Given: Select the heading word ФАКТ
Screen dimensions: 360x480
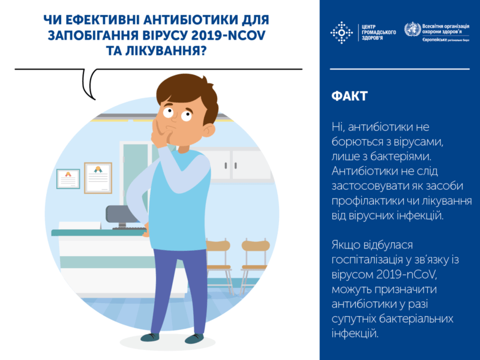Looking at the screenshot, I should point(350,97).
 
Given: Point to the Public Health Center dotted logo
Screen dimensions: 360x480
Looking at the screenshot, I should point(343,32).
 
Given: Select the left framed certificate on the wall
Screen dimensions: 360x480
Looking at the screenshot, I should point(68,179).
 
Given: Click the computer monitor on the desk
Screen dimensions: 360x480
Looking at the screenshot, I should point(120,215).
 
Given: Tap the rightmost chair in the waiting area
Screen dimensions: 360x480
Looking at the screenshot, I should point(254,258).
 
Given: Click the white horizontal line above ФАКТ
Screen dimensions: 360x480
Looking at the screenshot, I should point(400,69).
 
